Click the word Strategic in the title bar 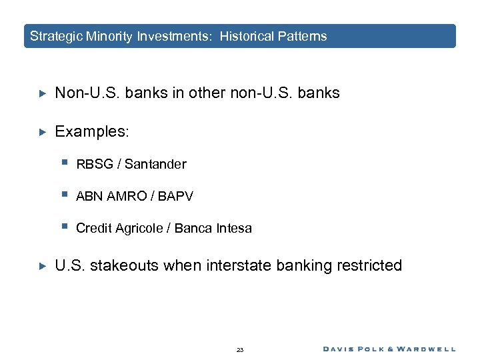click(57, 36)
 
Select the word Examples click(91, 132)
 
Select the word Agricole click(141, 229)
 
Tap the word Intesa click(234, 228)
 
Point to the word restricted click(368, 266)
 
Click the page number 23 click(240, 349)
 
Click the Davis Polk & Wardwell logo click(389, 349)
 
